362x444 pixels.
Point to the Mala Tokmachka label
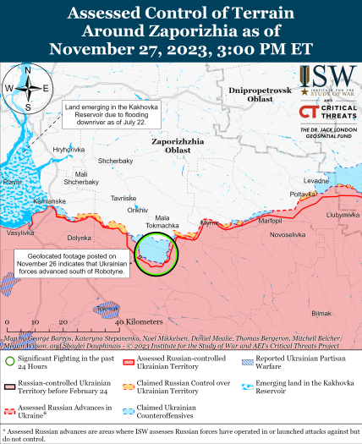151,222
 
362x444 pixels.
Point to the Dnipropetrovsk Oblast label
255,94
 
